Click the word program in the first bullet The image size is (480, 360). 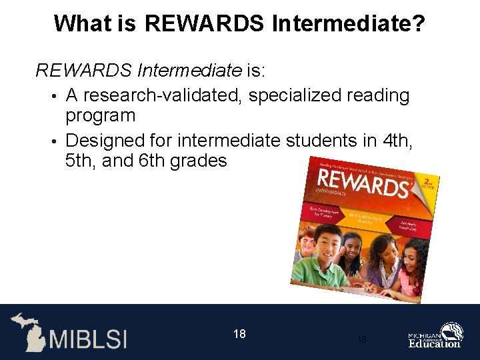tap(100, 115)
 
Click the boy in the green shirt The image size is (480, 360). tap(327, 257)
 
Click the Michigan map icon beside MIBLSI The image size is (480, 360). tap(27, 331)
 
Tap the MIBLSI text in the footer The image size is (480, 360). tap(86, 337)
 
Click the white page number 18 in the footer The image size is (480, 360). tap(240, 333)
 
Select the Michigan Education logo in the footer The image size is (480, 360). tap(436, 335)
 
